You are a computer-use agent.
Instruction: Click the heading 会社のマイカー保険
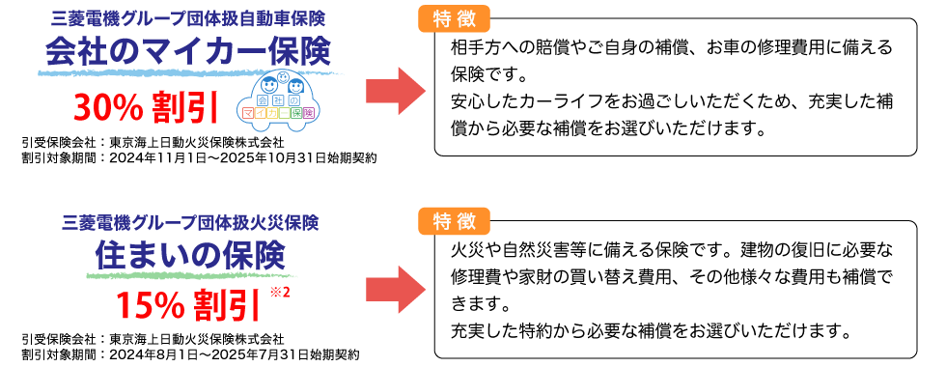[x=187, y=51]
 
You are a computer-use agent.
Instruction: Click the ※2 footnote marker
[x=281, y=293]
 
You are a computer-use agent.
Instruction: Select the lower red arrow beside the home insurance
[x=394, y=291]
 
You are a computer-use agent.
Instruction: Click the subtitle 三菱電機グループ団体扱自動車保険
[x=187, y=17]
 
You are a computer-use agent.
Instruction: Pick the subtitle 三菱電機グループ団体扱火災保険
[x=189, y=220]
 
